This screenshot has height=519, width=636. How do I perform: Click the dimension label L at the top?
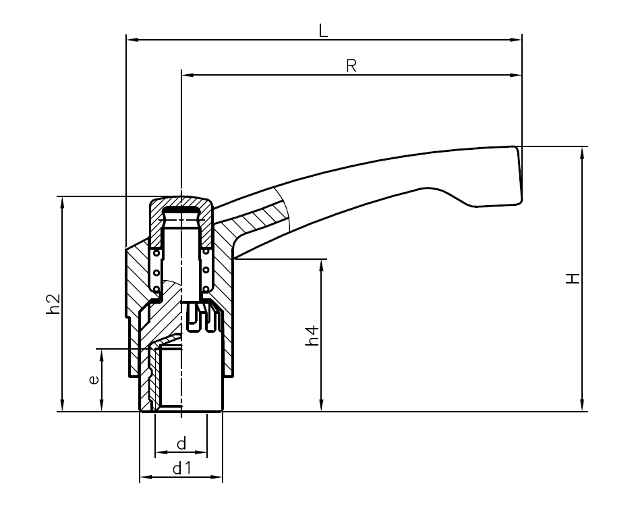324,31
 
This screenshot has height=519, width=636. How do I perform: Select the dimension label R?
351,66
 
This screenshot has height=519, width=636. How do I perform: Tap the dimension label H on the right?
573,278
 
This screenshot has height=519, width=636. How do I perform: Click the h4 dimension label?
312,335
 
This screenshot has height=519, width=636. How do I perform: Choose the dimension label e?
94,379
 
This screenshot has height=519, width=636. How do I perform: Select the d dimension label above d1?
181,443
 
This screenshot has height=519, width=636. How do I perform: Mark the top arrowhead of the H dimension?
582,153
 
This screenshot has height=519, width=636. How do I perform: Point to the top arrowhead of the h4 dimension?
322,264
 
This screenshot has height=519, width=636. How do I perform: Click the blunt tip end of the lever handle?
519,175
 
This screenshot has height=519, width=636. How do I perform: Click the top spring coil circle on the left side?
157,254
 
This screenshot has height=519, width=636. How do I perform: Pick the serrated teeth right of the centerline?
205,317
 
